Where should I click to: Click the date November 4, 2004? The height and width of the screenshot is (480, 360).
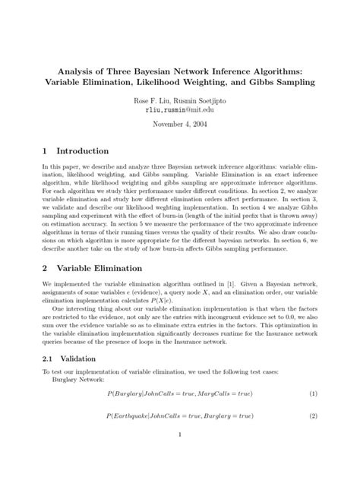(x=180, y=123)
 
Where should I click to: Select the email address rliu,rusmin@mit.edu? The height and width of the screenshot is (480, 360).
(x=180, y=109)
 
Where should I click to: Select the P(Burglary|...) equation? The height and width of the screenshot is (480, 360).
(x=179, y=393)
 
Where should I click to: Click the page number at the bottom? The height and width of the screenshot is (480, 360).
(x=180, y=456)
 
